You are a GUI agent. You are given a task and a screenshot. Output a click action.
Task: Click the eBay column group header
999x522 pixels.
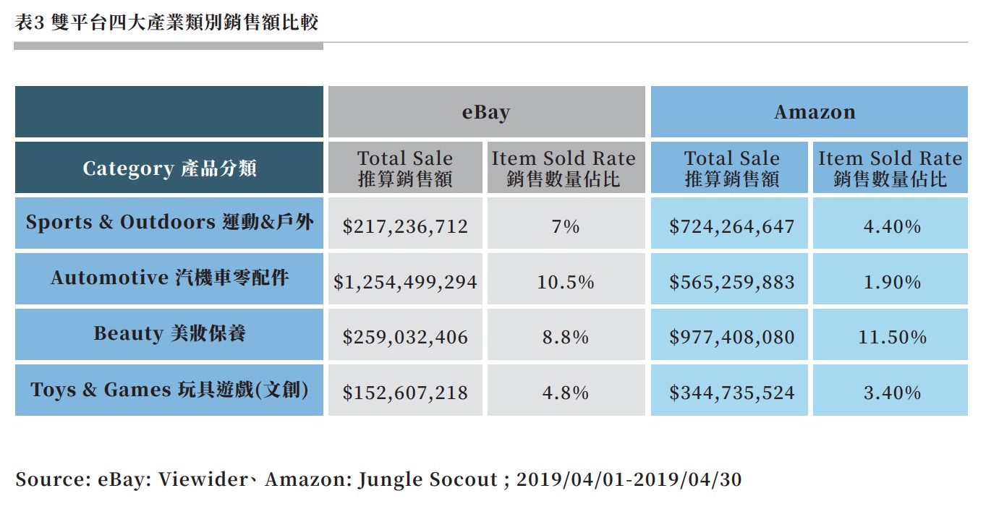click(486, 112)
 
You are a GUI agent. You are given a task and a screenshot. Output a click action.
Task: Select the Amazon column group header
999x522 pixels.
click(815, 112)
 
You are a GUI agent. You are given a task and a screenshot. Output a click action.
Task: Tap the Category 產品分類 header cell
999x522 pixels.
click(169, 168)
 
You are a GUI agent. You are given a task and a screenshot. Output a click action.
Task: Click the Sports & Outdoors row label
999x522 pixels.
click(169, 223)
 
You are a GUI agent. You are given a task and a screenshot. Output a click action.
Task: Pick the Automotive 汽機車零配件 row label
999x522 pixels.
click(169, 278)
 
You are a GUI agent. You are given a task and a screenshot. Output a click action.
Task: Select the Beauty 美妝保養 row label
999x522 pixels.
click(169, 334)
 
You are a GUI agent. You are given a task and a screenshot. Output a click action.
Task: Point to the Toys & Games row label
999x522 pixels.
click(169, 390)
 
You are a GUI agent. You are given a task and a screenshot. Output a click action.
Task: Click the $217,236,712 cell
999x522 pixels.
click(405, 226)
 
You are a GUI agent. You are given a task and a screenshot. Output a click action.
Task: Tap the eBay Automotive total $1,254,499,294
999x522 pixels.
click(405, 282)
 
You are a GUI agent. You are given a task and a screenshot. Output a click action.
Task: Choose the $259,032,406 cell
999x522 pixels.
click(405, 337)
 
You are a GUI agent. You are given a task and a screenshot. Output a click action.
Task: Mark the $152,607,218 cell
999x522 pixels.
click(405, 393)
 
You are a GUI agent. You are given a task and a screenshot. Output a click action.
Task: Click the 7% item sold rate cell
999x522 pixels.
click(565, 226)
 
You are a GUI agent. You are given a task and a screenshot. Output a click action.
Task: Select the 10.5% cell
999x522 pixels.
click(565, 282)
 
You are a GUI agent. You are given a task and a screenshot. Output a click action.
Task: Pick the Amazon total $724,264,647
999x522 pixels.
click(731, 226)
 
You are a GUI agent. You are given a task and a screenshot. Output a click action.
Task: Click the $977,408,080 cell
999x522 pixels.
click(731, 337)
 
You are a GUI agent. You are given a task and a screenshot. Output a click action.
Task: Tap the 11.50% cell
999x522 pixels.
click(891, 337)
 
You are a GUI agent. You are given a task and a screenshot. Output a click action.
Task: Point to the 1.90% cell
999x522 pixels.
click(891, 282)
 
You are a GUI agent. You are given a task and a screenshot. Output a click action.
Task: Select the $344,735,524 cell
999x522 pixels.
click(731, 393)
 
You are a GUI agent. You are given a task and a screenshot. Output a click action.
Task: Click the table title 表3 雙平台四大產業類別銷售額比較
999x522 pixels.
click(166, 23)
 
